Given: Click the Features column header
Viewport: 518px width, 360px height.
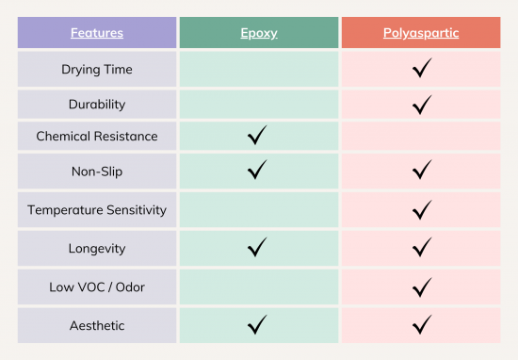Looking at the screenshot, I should click(x=96, y=33).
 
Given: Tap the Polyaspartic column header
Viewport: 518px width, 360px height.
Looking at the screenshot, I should click(x=421, y=33).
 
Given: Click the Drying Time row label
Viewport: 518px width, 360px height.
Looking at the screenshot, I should click(x=96, y=69).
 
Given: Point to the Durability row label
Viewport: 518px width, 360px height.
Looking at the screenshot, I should click(x=96, y=103).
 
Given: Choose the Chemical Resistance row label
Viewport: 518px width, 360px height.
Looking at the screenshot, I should click(x=96, y=137).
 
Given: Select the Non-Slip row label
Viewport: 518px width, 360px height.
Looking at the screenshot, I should click(x=96, y=172).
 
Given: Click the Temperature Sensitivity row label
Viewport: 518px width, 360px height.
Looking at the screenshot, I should click(x=96, y=209).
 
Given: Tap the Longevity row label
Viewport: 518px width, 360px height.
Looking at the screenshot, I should click(x=96, y=249).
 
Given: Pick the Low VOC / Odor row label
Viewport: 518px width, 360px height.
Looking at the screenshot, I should click(x=96, y=286).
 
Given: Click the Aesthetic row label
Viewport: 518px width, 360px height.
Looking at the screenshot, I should click(x=96, y=325).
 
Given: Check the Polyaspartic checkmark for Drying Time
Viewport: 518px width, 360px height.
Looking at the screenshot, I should click(x=422, y=68).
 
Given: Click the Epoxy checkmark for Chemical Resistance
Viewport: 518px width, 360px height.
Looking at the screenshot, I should click(x=257, y=137).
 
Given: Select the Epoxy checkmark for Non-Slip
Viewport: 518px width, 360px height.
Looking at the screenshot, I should click(x=257, y=171).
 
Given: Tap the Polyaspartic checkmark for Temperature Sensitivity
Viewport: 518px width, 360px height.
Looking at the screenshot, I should click(x=422, y=209).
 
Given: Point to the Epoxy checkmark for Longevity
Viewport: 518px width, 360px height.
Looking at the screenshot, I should click(x=257, y=248).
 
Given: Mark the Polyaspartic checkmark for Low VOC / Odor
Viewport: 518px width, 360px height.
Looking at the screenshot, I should click(x=422, y=286).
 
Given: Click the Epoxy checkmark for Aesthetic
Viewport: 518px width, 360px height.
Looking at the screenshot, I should click(x=257, y=325).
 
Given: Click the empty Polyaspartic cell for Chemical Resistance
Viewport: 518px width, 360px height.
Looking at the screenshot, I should click(x=421, y=137).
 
